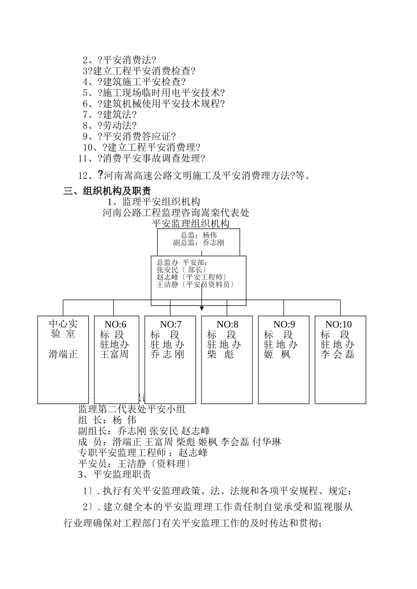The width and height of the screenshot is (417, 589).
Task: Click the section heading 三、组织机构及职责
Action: tap(107, 191)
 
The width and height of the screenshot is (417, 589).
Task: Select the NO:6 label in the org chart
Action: tap(115, 324)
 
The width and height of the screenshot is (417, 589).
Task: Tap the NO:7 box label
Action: tap(171, 324)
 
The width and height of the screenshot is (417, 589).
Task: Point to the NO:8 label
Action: tap(227, 324)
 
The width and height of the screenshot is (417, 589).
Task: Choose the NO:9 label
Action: tap(284, 324)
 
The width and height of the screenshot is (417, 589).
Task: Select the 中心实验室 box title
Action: tap(63, 329)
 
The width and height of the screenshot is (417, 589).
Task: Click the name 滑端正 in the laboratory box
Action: tap(63, 354)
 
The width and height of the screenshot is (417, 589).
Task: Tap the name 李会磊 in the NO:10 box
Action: tap(337, 354)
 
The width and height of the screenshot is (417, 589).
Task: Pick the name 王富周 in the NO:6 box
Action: tap(114, 354)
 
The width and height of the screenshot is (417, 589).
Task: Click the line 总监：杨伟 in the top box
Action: tap(199, 235)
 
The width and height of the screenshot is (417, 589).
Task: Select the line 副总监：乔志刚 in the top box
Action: tap(199, 242)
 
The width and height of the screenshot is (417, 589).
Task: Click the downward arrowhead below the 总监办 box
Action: tap(202, 309)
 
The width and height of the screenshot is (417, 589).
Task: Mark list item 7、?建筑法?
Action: tap(110, 115)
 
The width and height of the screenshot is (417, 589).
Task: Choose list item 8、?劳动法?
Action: tap(110, 126)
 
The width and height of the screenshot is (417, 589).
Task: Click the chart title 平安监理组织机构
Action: tap(191, 224)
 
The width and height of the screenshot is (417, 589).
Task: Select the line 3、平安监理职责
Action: tap(114, 474)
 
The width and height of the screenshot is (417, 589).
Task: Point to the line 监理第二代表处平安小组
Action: tap(132, 409)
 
